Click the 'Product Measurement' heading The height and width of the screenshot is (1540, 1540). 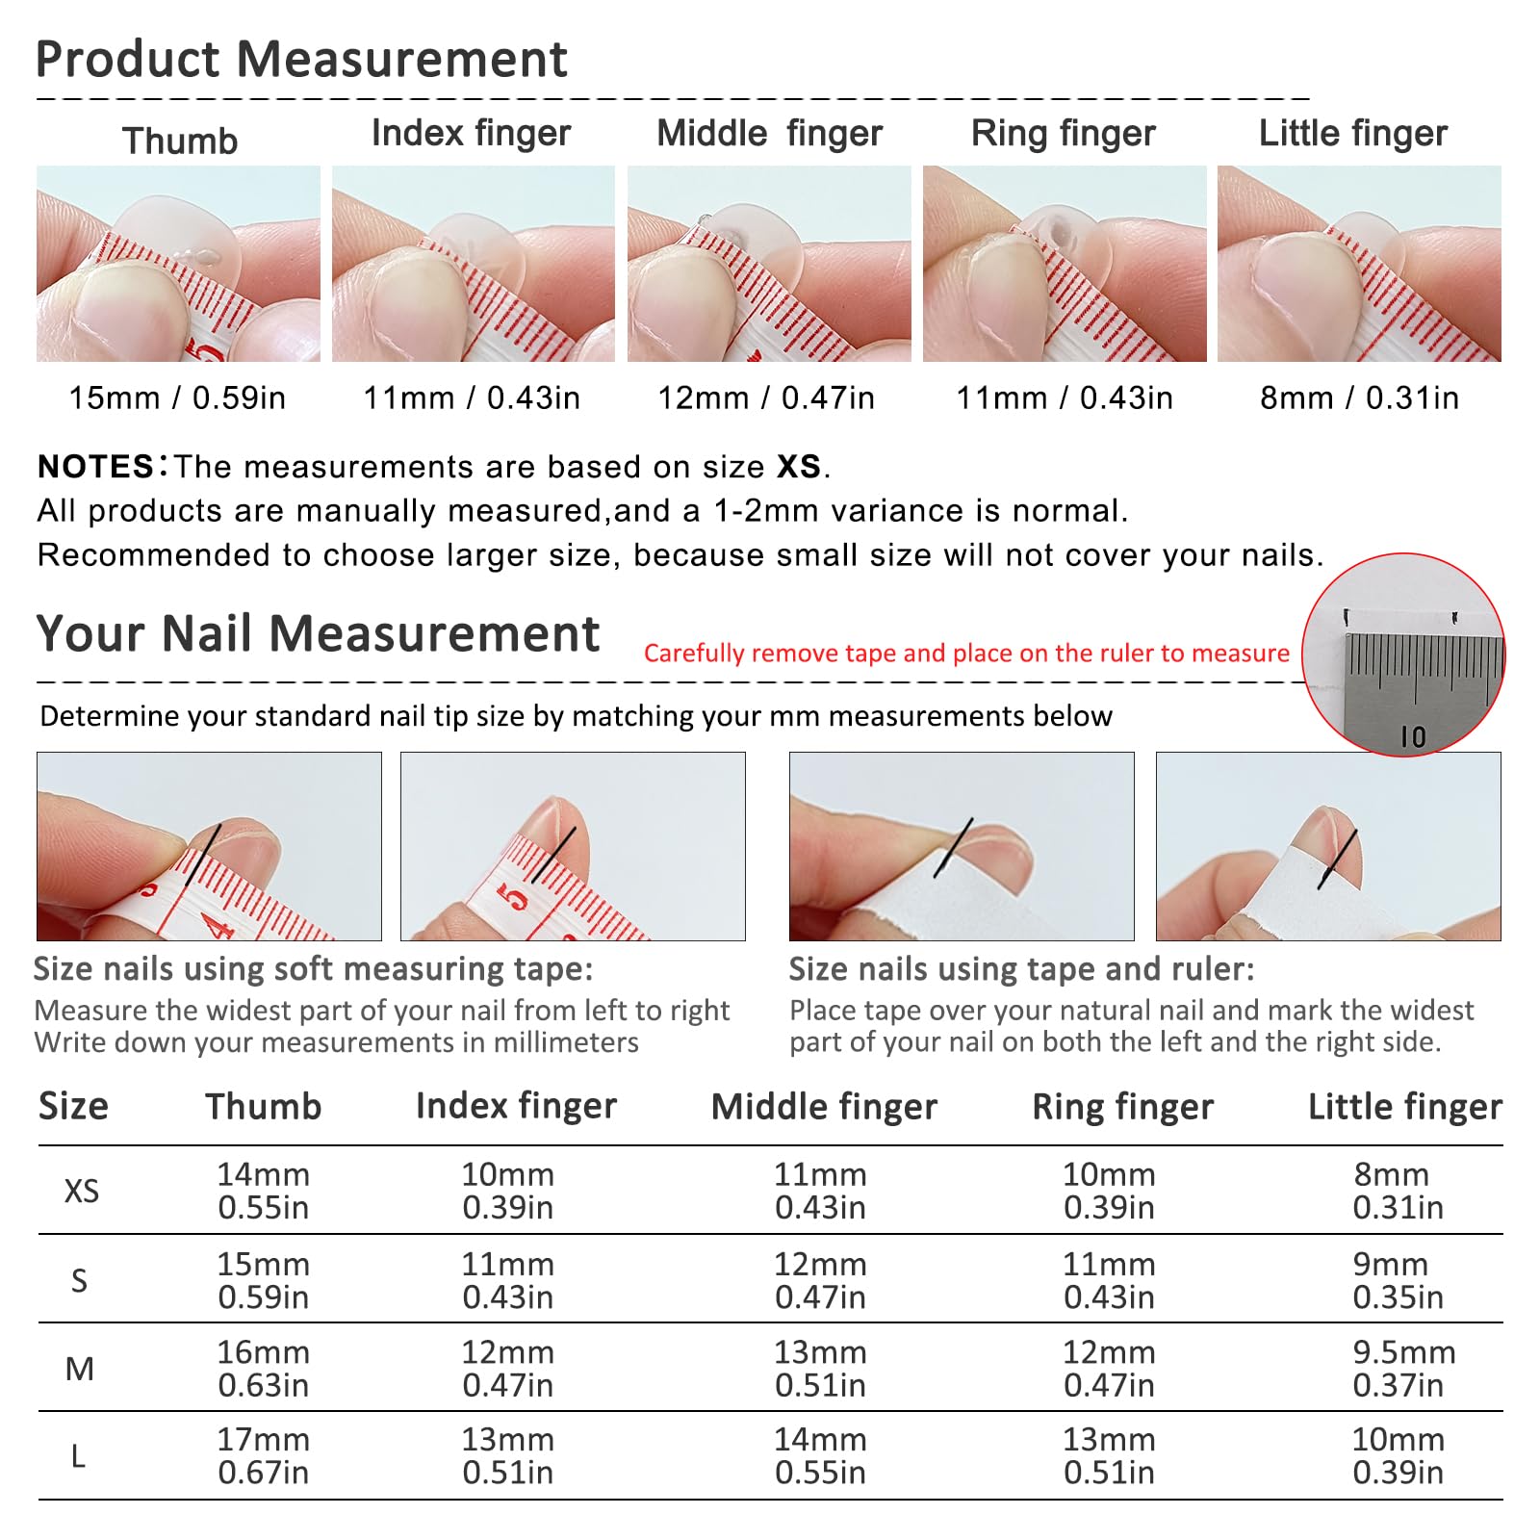(301, 60)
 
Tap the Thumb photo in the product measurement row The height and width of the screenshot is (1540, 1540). (178, 264)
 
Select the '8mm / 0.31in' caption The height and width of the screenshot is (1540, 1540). (1359, 398)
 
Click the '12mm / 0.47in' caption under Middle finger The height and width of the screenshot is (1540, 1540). (766, 398)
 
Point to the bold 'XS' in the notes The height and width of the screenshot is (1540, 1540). (799, 467)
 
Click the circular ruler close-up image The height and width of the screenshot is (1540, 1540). (1403, 654)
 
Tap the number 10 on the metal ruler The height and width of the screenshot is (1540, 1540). (1412, 737)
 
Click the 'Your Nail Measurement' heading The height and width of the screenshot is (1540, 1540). (318, 634)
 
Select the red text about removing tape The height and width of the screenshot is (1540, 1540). (966, 654)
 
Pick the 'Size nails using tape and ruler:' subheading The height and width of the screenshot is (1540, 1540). (1022, 969)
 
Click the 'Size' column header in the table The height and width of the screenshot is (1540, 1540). (73, 1107)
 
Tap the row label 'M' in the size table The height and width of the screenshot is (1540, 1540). (80, 1369)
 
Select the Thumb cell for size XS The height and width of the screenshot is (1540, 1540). (263, 1191)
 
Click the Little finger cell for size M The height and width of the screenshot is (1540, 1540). (1403, 1369)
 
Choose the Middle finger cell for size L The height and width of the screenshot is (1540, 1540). (820, 1456)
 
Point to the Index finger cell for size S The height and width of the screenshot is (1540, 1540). (507, 1280)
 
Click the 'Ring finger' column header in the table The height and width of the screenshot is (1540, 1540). (1122, 1108)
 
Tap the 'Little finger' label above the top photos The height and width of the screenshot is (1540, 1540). (1353, 134)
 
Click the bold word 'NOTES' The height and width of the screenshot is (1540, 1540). (95, 467)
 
